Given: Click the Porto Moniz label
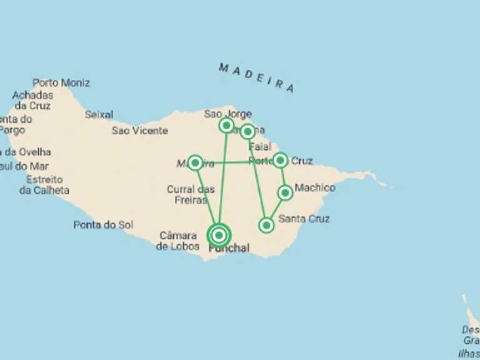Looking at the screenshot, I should tap(61, 82).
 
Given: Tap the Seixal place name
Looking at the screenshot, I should tap(99, 114).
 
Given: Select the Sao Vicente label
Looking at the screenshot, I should tap(140, 131).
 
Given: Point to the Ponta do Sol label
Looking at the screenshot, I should tap(103, 225).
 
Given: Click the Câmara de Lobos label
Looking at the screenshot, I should tap(178, 241).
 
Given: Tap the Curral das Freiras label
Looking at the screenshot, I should tap(191, 194).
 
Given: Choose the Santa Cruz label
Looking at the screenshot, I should tap(304, 219).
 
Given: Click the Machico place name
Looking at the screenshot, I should tap(314, 187).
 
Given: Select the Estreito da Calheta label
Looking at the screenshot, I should tap(44, 185).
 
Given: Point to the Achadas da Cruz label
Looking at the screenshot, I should tap(33, 101).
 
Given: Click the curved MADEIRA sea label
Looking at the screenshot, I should tap(256, 77).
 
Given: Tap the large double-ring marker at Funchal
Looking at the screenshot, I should tap(219, 235).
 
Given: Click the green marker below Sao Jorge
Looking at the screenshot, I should tap(226, 126).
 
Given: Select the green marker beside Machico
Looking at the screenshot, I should tap(285, 192).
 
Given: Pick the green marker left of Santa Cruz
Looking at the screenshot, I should tap(267, 225).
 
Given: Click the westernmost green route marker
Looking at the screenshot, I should tap(195, 163).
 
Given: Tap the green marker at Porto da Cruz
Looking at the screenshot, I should tap(281, 161).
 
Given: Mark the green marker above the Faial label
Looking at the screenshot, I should tap(247, 131).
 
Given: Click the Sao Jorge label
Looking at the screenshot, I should tap(227, 114).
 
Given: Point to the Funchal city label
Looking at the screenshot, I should tap(229, 248).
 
